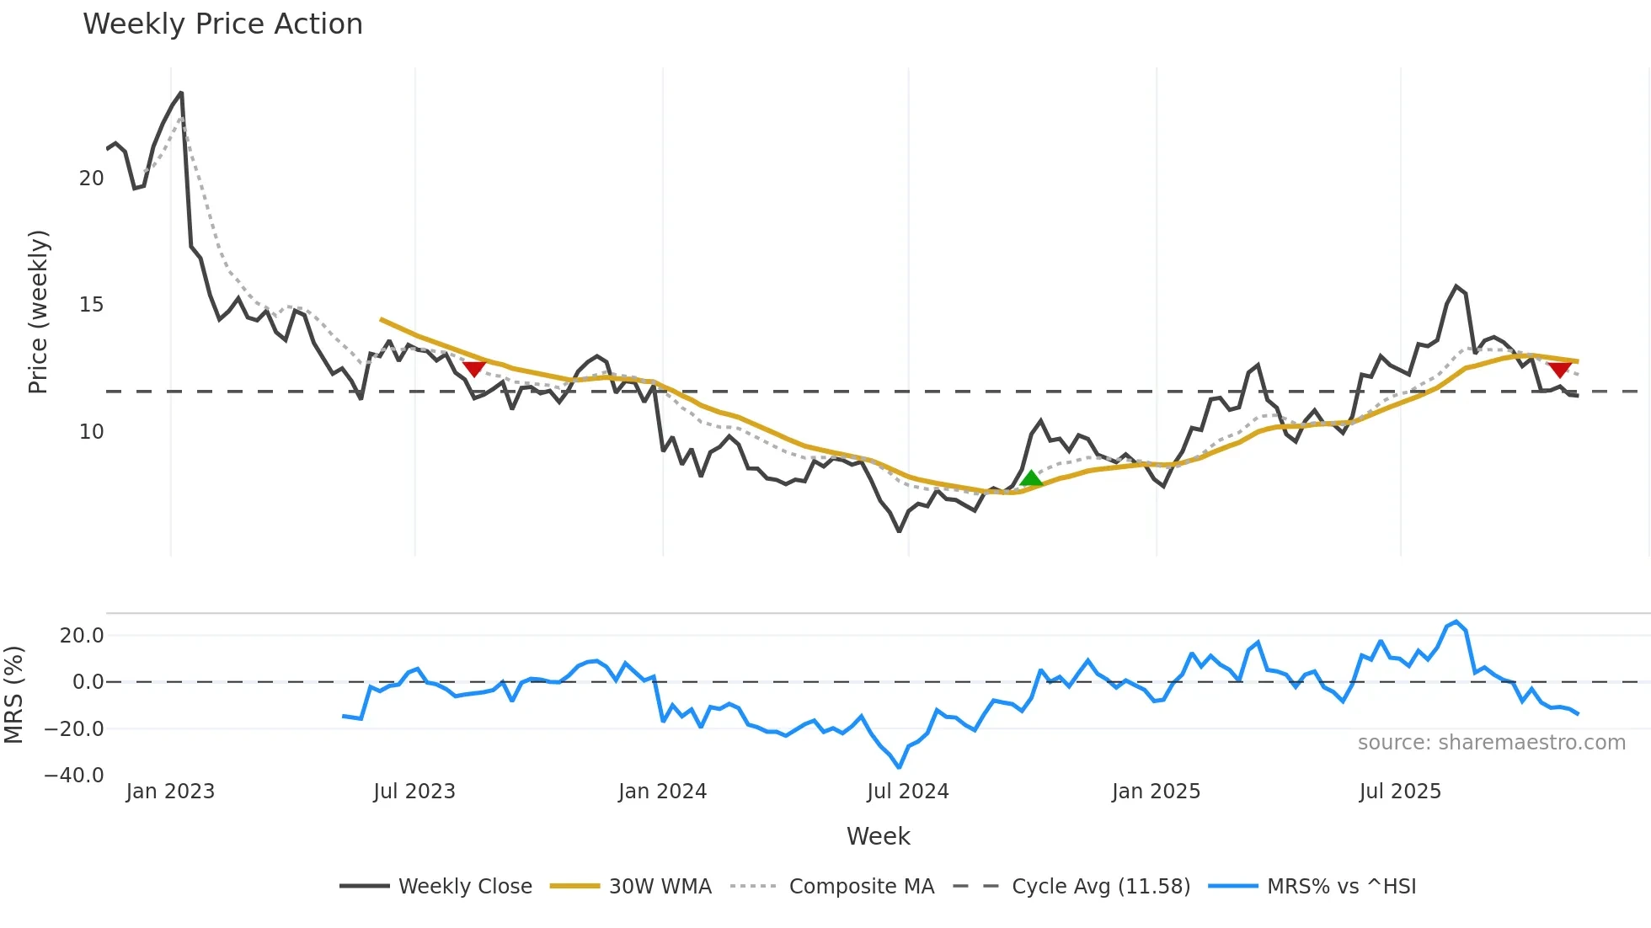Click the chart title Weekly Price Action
222,24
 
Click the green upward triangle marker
1031,479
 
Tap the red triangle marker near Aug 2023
474,368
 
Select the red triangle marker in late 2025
1559,369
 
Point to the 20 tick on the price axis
91,179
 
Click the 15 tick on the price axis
91,305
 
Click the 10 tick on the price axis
91,432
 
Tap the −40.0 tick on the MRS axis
74,776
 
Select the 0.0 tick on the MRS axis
88,682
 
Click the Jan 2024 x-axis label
662,792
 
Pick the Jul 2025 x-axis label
1400,792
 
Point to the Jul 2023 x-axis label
414,792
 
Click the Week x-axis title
878,836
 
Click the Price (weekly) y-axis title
38,312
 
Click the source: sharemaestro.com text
1491,743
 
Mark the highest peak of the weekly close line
181,93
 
